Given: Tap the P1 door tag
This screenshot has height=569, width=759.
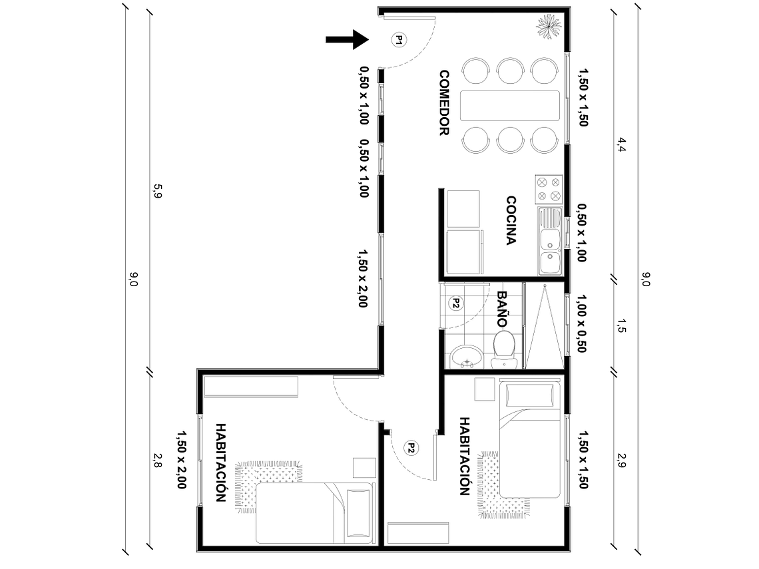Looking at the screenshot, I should pos(398,40).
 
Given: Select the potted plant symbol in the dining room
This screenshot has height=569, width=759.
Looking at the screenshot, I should pos(549,27).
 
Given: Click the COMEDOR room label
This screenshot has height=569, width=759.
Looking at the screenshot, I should pos(445,103).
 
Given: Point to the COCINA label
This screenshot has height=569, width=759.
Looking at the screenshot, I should pos(511,220).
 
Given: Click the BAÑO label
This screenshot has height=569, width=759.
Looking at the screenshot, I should pos(503,308).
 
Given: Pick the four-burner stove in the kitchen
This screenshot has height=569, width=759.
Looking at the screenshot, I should pos(549,188).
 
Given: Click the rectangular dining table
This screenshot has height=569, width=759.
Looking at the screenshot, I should pos(510,104).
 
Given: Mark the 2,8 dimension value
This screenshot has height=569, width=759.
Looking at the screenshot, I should pos(158,460).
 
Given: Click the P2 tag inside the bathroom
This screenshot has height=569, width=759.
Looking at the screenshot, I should pos(456,303).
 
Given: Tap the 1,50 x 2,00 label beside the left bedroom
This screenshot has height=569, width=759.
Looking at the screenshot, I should pos(180,460).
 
